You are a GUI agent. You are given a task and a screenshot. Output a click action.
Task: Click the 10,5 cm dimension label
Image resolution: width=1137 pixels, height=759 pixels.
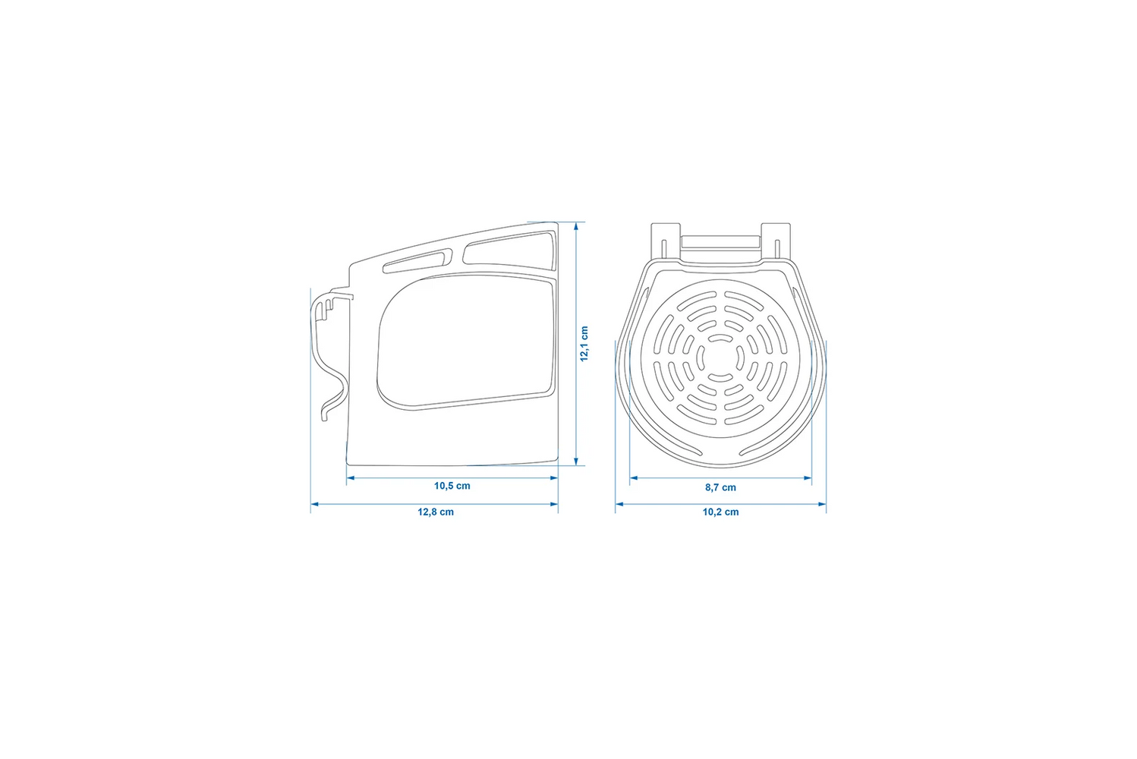coord(452,486)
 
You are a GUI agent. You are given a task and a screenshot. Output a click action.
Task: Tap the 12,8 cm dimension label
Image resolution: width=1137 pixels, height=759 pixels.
coord(436,512)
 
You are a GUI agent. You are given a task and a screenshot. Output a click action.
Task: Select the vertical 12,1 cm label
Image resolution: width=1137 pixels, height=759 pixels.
coord(584,344)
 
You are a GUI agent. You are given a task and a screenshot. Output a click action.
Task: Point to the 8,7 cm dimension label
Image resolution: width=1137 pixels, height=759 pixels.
coord(720,487)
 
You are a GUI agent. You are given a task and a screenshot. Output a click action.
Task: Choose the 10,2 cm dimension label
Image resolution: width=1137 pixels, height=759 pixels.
coord(720,512)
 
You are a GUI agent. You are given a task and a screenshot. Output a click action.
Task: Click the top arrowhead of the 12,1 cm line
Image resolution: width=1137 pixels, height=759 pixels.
coord(576,226)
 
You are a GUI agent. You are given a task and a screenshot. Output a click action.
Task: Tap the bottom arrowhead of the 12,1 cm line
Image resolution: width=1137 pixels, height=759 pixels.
coord(576,461)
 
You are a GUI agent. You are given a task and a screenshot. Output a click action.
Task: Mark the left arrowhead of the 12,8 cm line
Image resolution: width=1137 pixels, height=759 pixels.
coord(315,504)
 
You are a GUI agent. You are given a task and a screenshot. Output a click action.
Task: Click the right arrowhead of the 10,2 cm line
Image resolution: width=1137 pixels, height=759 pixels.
coord(822,504)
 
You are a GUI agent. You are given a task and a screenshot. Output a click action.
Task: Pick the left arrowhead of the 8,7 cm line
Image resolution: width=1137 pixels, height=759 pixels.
coord(634,477)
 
